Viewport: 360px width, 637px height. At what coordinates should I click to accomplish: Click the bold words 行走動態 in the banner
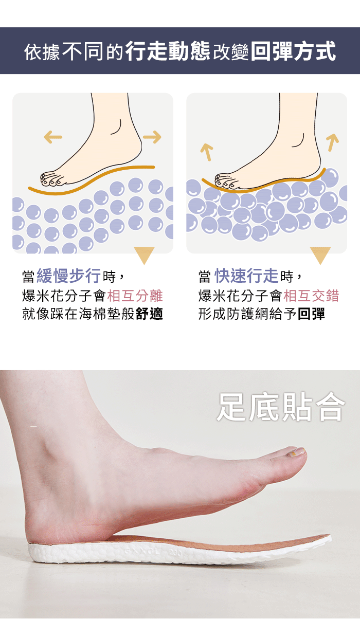coord(168,51)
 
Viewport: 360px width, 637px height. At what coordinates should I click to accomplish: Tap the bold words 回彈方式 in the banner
coord(293,51)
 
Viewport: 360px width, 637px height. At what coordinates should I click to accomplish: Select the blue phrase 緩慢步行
coord(69,276)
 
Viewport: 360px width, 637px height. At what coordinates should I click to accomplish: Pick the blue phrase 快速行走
coord(246,276)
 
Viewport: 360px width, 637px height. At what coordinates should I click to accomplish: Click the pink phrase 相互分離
coord(135,296)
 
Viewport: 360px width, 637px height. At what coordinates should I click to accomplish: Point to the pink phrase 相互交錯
coord(311,296)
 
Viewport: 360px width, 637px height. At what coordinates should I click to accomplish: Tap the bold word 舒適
coord(149,314)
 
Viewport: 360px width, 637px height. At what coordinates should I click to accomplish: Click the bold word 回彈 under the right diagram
coord(311,314)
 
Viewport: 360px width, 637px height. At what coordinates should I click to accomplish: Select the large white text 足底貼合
coord(281,407)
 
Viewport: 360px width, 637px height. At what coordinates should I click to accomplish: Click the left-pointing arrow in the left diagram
coord(53,137)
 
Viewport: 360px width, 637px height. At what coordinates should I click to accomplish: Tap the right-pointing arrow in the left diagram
coord(152,137)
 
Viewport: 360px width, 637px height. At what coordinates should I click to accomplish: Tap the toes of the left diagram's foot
coord(52,179)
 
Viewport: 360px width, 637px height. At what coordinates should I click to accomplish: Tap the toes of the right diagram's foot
coord(225,181)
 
